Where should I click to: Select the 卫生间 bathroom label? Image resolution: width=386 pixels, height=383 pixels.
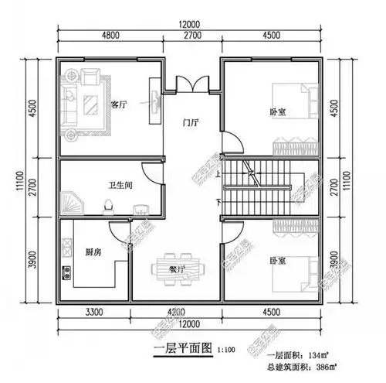tap(117, 185)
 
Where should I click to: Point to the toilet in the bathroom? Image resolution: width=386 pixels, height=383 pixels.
tap(109, 205)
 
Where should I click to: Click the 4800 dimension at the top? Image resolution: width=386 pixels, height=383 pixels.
tap(110, 35)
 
